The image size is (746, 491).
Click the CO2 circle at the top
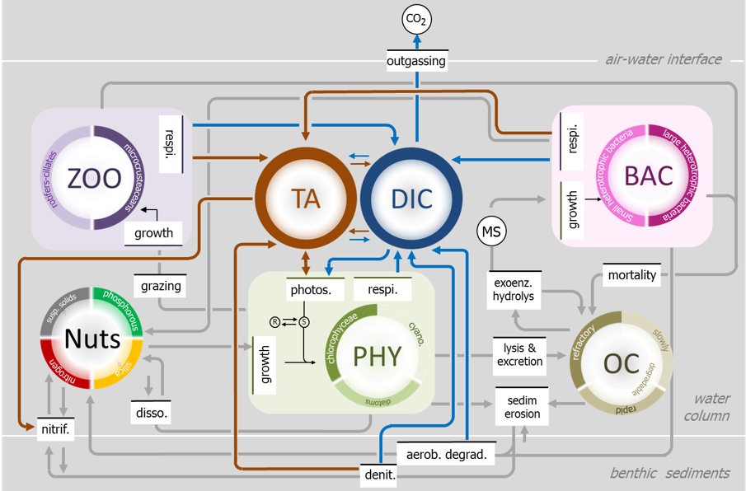417,19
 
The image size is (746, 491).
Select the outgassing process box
417,61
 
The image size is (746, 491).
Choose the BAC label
649,175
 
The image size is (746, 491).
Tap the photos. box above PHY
311,290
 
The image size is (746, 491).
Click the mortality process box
632,275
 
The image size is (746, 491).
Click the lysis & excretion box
519,354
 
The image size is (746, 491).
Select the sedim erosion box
523,406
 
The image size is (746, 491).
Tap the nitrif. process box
55,428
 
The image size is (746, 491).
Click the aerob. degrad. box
447,454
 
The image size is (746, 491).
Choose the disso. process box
151,412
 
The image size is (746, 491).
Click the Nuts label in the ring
92,339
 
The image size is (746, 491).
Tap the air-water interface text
664,59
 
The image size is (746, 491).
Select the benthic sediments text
669,473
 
